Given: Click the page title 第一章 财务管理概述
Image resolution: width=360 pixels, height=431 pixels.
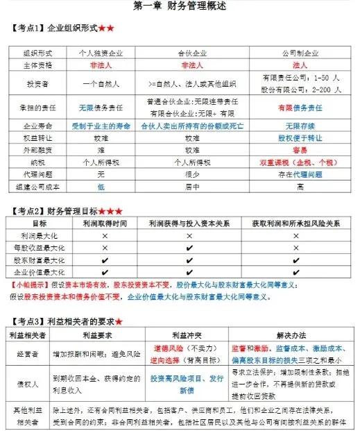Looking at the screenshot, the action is (179, 6).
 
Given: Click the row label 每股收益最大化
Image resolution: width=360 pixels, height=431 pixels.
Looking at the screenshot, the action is (40, 248).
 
